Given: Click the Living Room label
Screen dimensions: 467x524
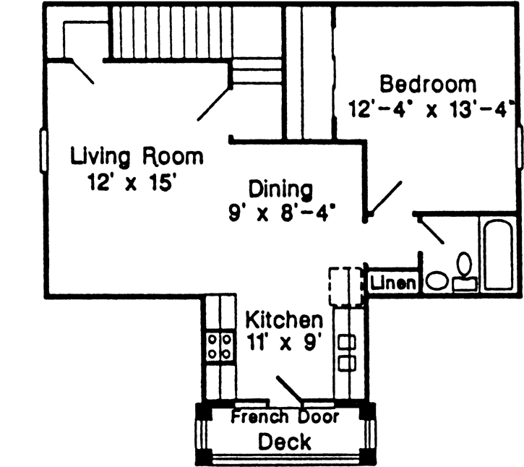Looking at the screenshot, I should (x=137, y=156).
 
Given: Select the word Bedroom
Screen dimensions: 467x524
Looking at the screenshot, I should (x=428, y=84).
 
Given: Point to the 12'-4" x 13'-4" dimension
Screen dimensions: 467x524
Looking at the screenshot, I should (x=431, y=110).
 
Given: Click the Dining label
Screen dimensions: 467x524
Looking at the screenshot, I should (x=280, y=189).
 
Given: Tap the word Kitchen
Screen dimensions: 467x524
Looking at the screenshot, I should (x=283, y=319).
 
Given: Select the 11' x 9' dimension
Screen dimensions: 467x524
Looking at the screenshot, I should (x=282, y=342).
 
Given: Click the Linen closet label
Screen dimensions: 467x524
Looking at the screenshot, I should (x=393, y=283).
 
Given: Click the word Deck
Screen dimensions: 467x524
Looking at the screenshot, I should (x=285, y=441).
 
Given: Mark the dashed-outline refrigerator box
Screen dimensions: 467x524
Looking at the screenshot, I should (x=345, y=286).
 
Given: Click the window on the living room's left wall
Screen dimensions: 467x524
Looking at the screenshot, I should (x=43, y=152).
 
